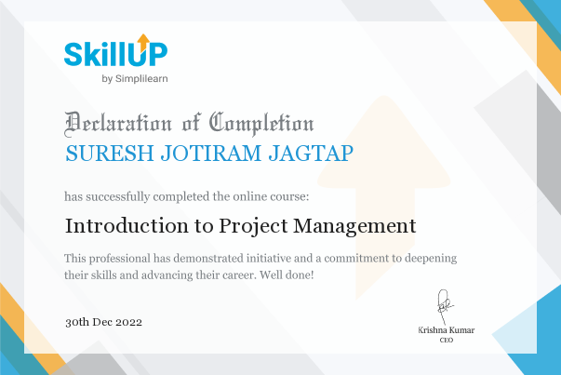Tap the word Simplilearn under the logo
pos(141,79)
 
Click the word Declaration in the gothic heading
pos(118,124)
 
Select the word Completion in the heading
pos(261,124)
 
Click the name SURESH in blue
pos(110,154)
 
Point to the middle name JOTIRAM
pos(211,154)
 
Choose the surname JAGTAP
pos(311,154)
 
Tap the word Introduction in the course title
pos(127,226)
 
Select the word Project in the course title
pos(253,227)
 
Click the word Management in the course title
pos(354,227)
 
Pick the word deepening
pos(431,259)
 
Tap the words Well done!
pos(287,275)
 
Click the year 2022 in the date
pos(128,322)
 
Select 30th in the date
pos(77,322)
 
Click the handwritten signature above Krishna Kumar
pos(445,306)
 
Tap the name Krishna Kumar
pos(447,330)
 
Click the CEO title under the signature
pos(447,340)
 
